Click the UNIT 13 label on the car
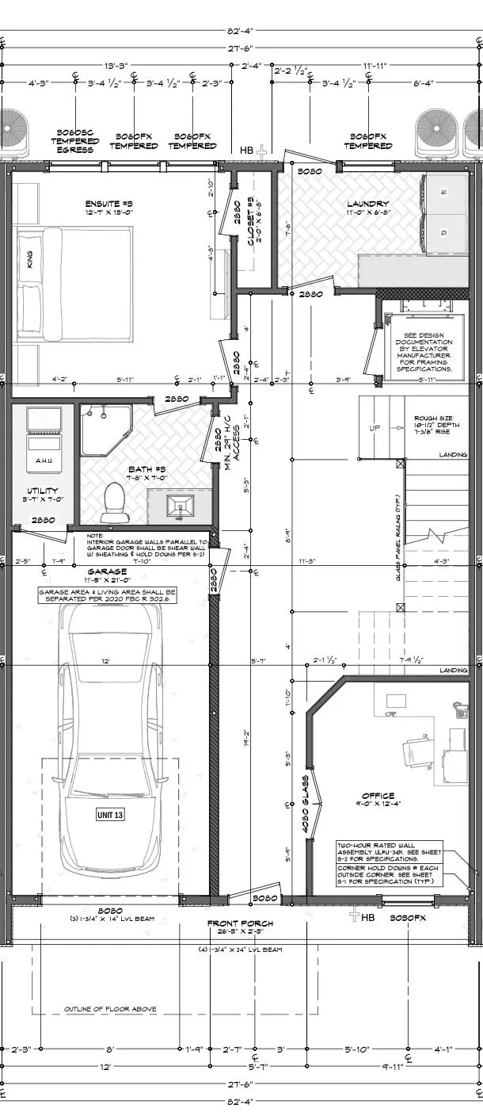coord(112,814)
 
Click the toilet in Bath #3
coord(115,502)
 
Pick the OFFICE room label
coord(378,796)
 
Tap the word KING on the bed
coord(31,259)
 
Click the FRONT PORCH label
coord(240,923)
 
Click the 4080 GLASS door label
coord(305,803)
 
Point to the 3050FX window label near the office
coord(409,917)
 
